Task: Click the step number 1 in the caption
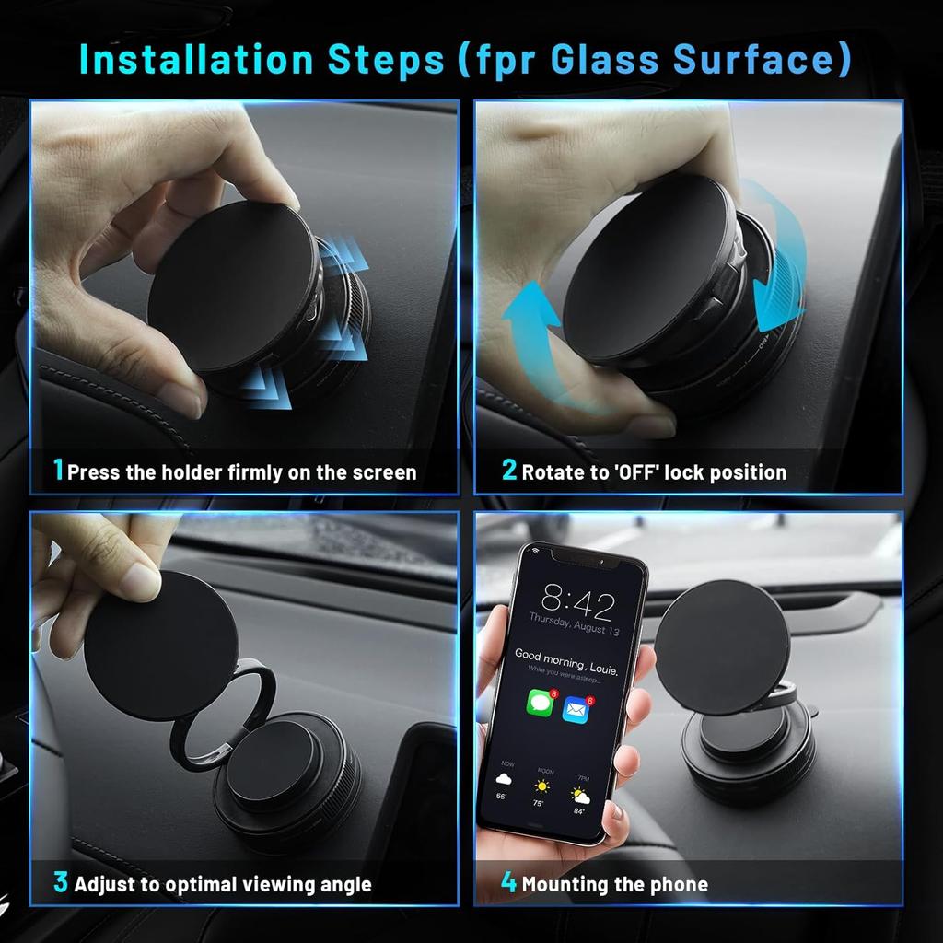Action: [59, 471]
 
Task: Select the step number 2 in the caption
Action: [509, 471]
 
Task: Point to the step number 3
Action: [61, 882]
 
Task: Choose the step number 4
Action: [508, 882]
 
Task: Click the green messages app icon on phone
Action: [540, 704]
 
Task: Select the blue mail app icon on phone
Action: [576, 709]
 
